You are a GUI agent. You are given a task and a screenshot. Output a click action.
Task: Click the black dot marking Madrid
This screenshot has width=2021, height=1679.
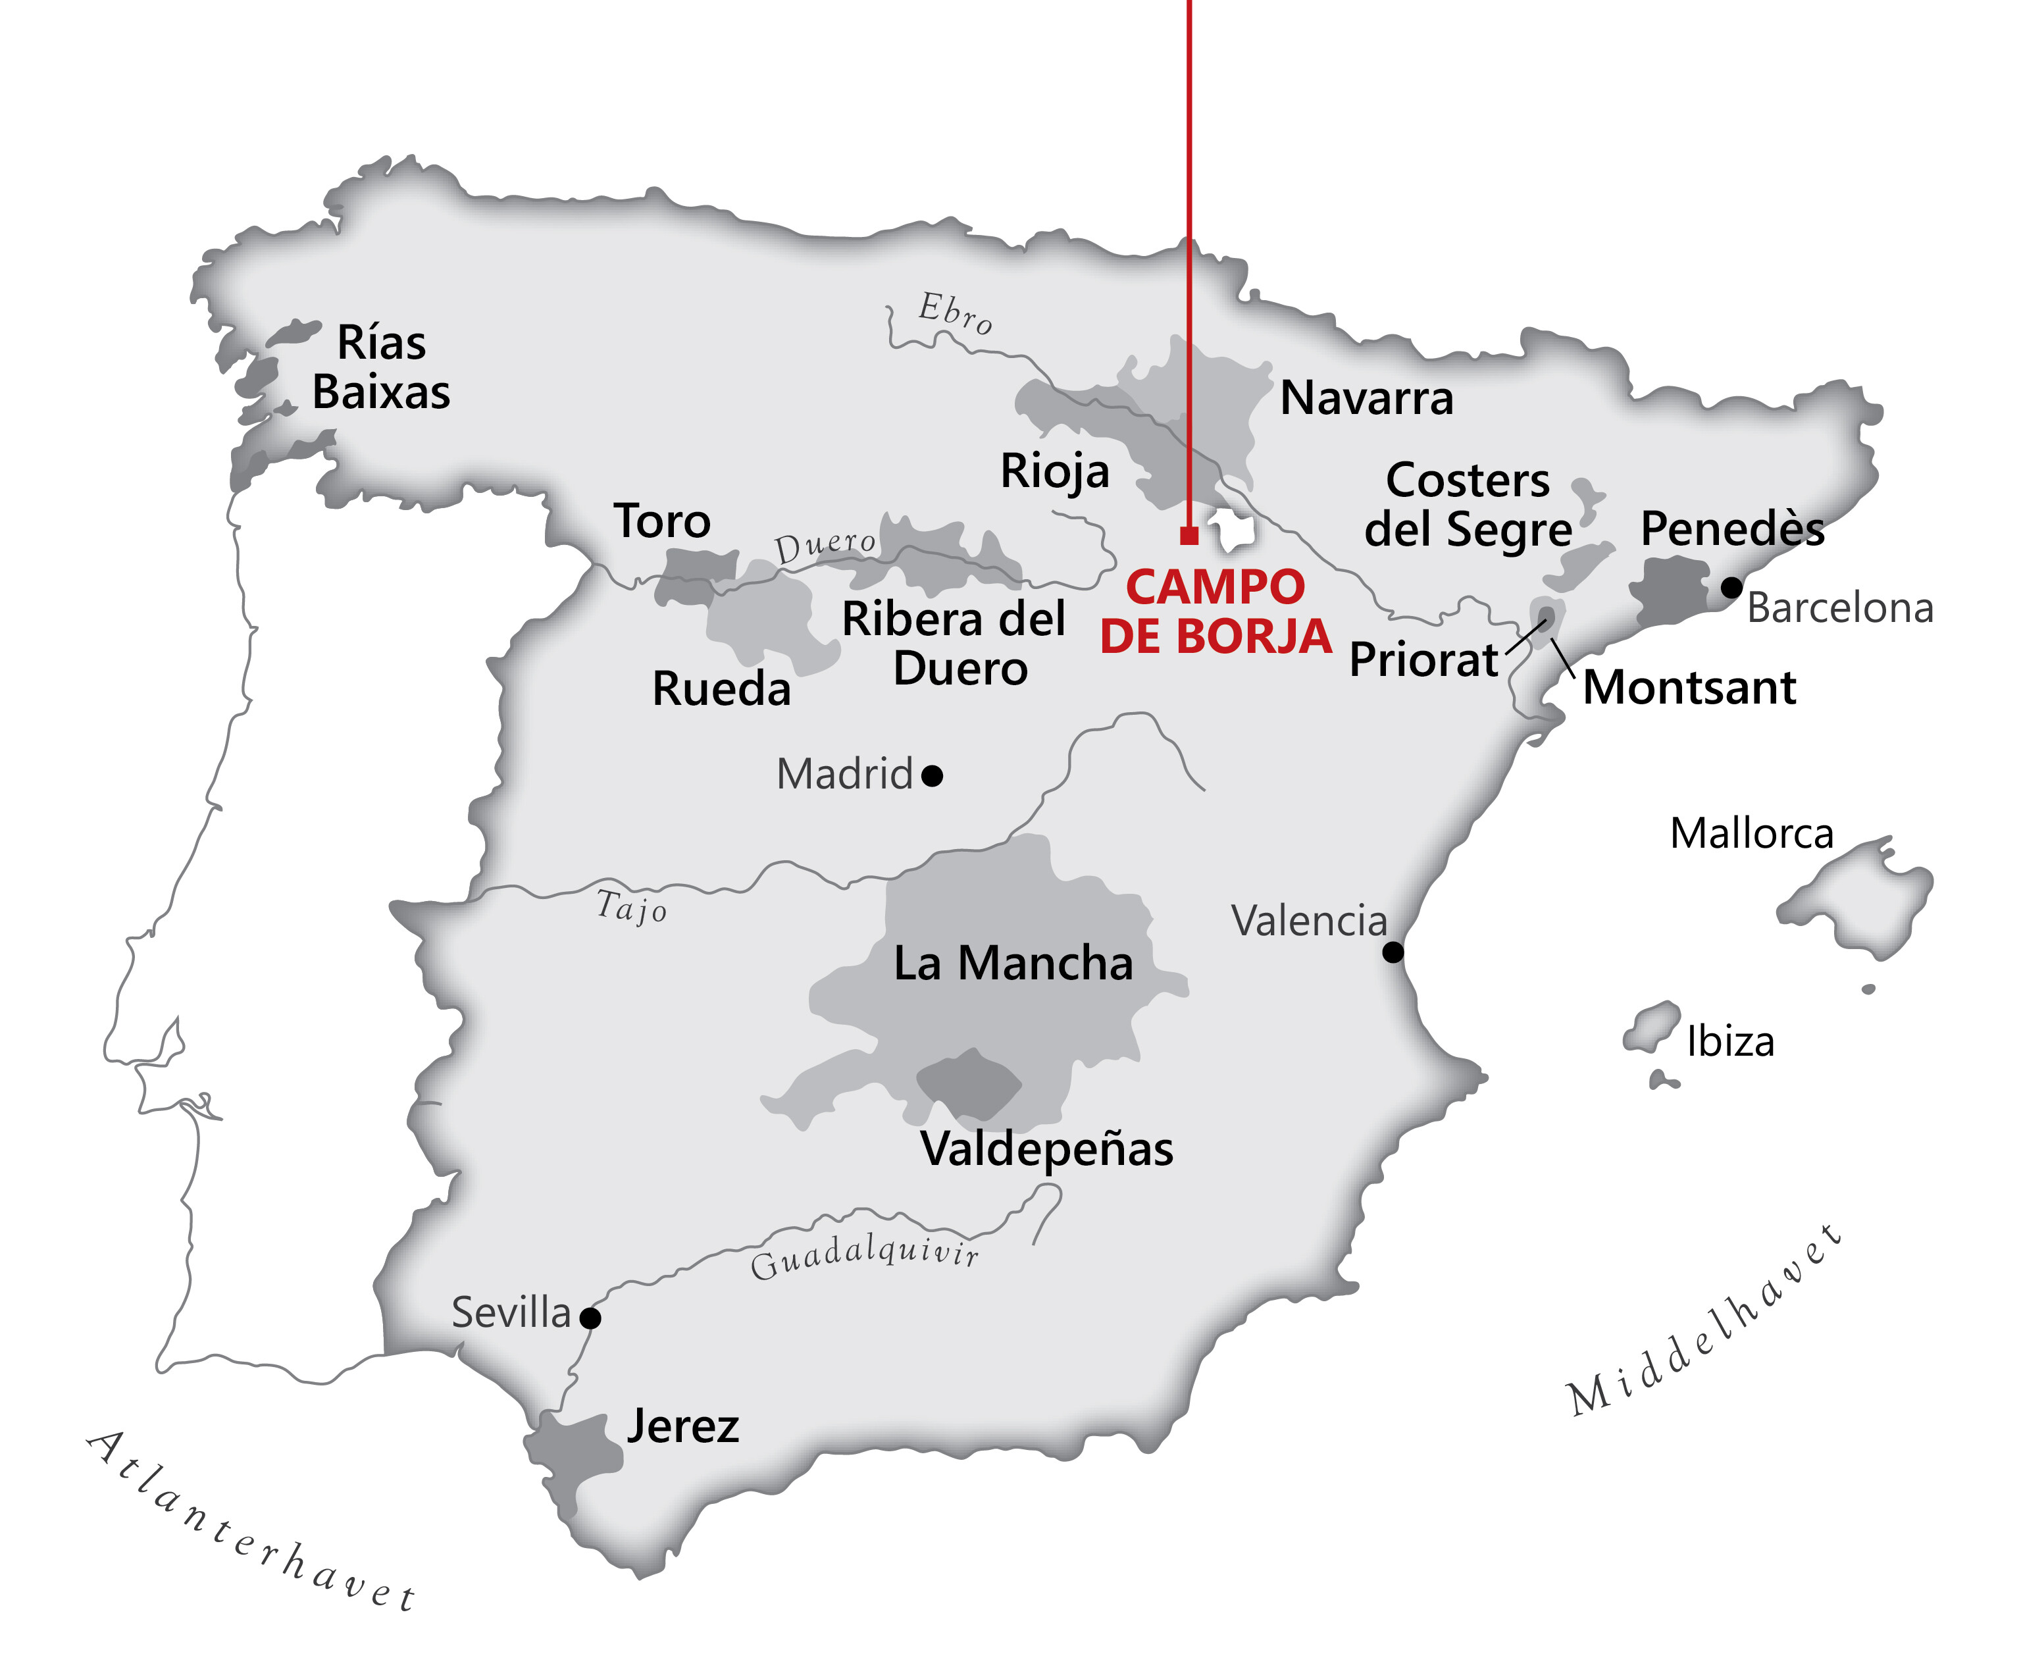pos(932,775)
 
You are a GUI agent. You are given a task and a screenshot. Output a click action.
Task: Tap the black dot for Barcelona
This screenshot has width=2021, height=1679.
pos(1731,586)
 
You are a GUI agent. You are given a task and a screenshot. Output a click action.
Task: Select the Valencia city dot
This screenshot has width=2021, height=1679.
pos(1393,952)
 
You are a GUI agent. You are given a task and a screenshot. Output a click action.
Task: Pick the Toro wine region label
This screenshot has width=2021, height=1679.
pos(662,521)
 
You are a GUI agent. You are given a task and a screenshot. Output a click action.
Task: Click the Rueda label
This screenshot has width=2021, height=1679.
pos(721,688)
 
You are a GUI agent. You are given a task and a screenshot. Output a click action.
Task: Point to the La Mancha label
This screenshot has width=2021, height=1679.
pos(1013,963)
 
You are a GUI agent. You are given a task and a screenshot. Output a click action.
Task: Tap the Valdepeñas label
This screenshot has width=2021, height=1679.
pos(1047,1149)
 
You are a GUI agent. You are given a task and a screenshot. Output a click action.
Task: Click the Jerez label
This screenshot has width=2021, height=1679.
pos(683,1426)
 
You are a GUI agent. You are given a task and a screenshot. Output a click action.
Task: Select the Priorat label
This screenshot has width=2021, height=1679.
pos(1423,659)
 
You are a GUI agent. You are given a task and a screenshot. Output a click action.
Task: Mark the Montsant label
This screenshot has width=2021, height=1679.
pos(1689,687)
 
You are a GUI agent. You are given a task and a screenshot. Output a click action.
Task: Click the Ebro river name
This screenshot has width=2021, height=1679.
pos(955,313)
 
